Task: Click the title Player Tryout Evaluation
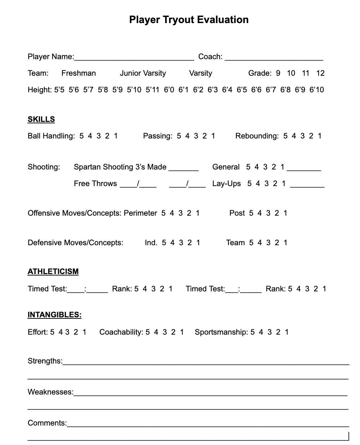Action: (189, 19)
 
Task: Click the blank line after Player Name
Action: (134, 58)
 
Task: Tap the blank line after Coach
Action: (274, 58)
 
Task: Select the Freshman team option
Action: (79, 73)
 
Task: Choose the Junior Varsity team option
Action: (143, 73)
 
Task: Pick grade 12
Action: (320, 73)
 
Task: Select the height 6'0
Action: (169, 90)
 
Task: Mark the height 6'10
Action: (317, 90)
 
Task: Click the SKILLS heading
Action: (41, 119)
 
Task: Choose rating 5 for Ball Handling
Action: (82, 136)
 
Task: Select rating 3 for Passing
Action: (196, 136)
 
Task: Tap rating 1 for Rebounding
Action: (320, 136)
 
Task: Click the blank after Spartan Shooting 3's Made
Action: (184, 168)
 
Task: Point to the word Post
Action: (237, 213)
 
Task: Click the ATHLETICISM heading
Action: (53, 272)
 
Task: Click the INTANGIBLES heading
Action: (54, 315)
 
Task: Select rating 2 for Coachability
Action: (173, 332)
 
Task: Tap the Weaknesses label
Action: (51, 392)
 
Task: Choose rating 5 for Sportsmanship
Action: (253, 332)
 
